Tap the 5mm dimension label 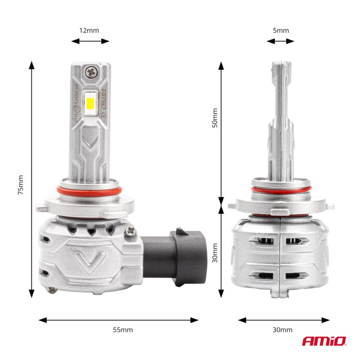pyautogui.click(x=281, y=31)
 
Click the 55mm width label pyautogui.click(x=122, y=330)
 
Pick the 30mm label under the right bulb pyautogui.click(x=282, y=330)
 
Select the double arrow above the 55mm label pyautogui.click(x=118, y=320)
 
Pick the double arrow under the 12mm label pyautogui.click(x=90, y=41)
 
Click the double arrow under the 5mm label pyautogui.click(x=280, y=41)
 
